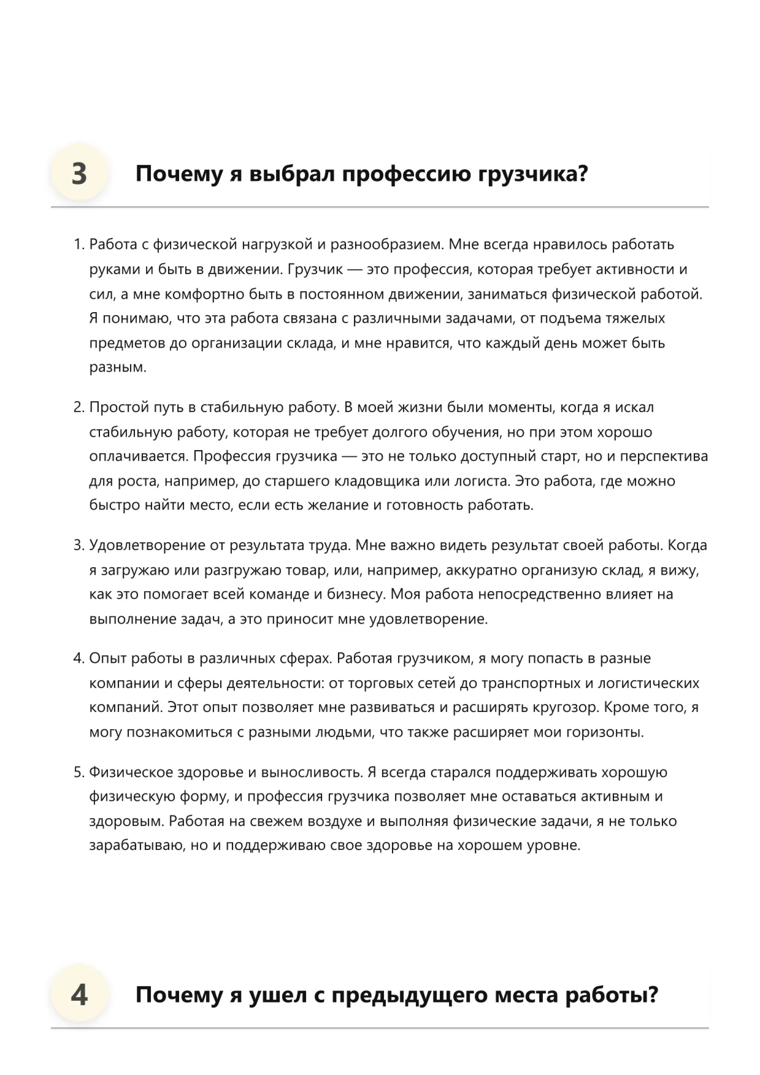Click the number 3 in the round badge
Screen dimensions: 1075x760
tap(79, 174)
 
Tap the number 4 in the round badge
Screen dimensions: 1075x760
tap(79, 994)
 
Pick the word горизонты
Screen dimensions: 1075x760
tap(608, 732)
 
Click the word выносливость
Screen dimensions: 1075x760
tap(315, 772)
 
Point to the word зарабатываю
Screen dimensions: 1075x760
tap(137, 846)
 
